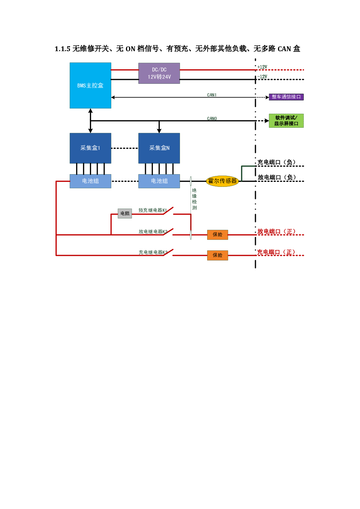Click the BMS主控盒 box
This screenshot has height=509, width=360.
pyautogui.click(x=90, y=85)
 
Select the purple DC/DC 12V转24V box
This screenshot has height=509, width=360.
pyautogui.click(x=159, y=73)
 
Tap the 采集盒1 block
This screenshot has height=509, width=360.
pyautogui.click(x=90, y=148)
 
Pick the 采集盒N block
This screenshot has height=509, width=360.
pyautogui.click(x=159, y=148)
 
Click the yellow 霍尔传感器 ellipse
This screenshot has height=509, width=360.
pyautogui.click(x=222, y=181)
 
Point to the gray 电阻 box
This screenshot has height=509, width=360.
pyautogui.click(x=125, y=214)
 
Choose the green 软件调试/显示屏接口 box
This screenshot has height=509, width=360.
pyautogui.click(x=286, y=121)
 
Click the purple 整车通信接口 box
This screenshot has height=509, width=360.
pyautogui.click(x=286, y=97)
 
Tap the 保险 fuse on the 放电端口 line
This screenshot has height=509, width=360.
pyautogui.click(x=217, y=235)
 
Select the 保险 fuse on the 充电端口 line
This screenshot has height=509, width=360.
pyautogui.click(x=217, y=255)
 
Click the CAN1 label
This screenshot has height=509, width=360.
pyautogui.click(x=212, y=95)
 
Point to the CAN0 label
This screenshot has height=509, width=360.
pyautogui.click(x=212, y=118)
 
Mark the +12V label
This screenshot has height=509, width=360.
pyautogui.click(x=262, y=67)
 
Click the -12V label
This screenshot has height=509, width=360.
pyautogui.click(x=262, y=77)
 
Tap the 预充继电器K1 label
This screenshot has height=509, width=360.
pyautogui.click(x=153, y=210)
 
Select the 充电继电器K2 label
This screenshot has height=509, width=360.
pyautogui.click(x=153, y=252)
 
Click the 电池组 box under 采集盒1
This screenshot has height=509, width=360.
pyautogui.click(x=90, y=181)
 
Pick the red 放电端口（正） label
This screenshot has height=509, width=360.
pyautogui.click(x=276, y=231)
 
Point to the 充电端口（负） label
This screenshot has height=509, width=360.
pyautogui.click(x=276, y=162)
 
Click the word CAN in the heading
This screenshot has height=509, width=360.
pyautogui.click(x=284, y=49)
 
